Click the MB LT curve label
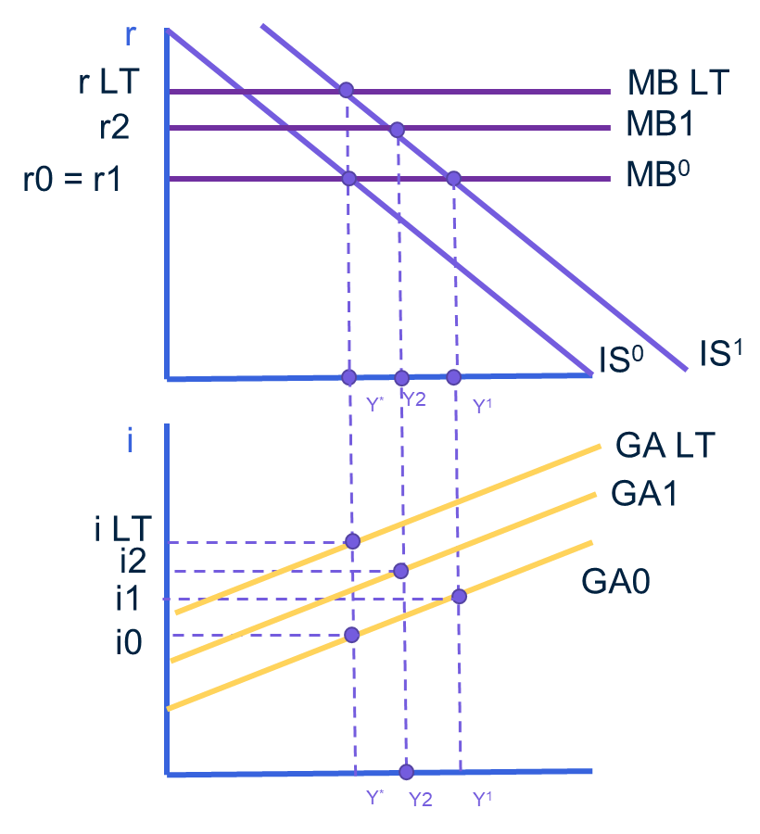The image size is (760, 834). click(678, 83)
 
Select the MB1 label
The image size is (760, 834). click(660, 125)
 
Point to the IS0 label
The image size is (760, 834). click(621, 360)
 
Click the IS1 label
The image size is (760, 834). click(721, 354)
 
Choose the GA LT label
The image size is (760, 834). click(665, 446)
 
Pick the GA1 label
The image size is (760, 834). click(644, 493)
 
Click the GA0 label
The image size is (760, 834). click(615, 582)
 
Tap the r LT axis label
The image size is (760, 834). click(108, 83)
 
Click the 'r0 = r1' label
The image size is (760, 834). click(72, 178)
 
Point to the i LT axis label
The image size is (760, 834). click(122, 530)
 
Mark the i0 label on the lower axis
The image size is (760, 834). click(129, 643)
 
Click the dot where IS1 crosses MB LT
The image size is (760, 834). click(346, 90)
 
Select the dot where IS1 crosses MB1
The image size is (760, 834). click(397, 130)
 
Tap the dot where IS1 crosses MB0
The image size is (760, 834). click(454, 178)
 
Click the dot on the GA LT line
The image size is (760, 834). click(352, 541)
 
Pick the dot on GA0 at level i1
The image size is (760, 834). click(458, 596)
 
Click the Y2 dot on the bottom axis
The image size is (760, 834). click(406, 772)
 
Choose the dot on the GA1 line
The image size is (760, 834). click(400, 571)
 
